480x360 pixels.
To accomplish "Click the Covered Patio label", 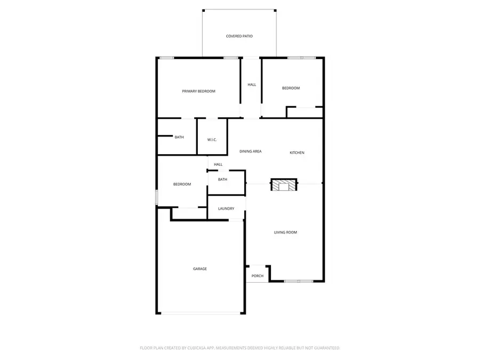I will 239,36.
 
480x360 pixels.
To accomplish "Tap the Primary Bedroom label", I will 198,91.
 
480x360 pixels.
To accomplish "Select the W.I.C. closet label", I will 212,140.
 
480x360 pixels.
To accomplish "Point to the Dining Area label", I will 250,152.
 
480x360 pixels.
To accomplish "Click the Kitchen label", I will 297,153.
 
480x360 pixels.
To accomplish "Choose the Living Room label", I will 285,233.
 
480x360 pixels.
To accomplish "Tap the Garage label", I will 199,269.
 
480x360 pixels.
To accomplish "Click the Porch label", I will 258,276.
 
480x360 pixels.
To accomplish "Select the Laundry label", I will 226,209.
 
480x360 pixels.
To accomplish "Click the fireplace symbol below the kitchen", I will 283,185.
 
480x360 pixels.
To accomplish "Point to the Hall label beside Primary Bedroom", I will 252,85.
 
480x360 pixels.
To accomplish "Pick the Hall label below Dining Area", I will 218,164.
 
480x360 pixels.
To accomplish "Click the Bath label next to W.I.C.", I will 179,138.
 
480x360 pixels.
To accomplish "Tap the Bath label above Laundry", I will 222,180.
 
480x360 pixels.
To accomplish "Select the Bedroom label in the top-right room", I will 291,88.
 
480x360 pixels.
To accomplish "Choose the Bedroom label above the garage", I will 182,185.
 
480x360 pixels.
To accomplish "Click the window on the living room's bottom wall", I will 299,281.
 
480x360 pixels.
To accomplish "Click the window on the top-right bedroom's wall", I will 301,57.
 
